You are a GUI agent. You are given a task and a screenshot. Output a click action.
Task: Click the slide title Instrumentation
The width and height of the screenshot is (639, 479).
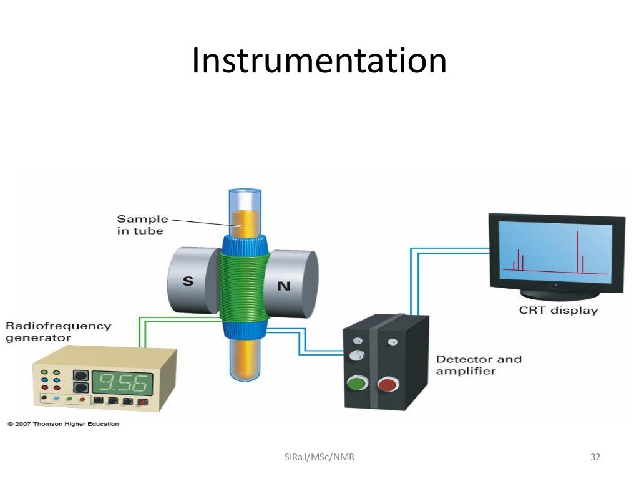pyautogui.click(x=319, y=61)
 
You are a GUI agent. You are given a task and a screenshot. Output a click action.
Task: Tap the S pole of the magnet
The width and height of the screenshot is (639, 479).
pyautogui.click(x=188, y=281)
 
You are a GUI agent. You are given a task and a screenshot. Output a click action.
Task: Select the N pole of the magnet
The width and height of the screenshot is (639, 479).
pyautogui.click(x=284, y=286)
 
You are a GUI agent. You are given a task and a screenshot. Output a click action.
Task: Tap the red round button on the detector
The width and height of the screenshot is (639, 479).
pyautogui.click(x=388, y=382)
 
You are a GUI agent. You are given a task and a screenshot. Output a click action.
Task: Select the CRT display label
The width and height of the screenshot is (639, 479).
pyautogui.click(x=559, y=310)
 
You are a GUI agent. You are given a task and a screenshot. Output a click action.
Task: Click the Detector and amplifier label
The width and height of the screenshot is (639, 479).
pyautogui.click(x=479, y=365)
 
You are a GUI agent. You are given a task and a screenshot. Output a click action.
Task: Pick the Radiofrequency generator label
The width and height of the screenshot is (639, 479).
pyautogui.click(x=59, y=332)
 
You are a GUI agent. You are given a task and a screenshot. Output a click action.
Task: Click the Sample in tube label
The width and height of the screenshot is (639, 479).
pyautogui.click(x=142, y=225)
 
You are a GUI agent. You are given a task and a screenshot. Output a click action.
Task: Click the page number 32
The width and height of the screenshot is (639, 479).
pyautogui.click(x=595, y=457)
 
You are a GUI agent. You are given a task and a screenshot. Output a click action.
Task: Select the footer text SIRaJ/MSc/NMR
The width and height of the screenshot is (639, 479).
pyautogui.click(x=319, y=457)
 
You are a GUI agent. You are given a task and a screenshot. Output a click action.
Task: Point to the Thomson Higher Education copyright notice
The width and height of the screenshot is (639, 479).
pyautogui.click(x=63, y=424)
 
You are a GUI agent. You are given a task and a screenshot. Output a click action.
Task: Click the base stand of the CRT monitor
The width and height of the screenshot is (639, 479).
pyautogui.click(x=555, y=292)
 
